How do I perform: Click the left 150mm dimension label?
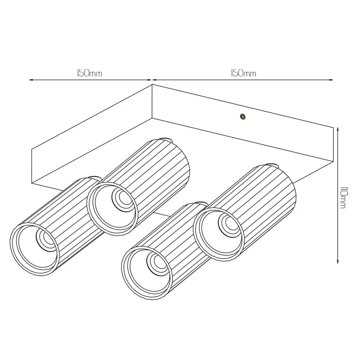pos(89,73)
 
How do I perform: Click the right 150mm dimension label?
pos(243,73)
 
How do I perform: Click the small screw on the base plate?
pos(242,117)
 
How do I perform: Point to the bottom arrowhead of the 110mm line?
pos(337,261)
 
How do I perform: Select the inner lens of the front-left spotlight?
pos(46,239)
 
